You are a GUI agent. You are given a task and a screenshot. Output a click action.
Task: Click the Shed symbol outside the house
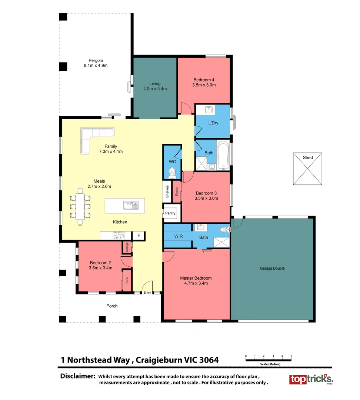pyautogui.click(x=307, y=169)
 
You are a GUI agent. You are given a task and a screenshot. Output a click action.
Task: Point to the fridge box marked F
pyautogui.click(x=139, y=236)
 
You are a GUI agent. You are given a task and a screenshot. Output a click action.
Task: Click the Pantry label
pyautogui.click(x=170, y=213)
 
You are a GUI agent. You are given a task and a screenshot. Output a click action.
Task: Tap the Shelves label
pyautogui.click(x=167, y=191)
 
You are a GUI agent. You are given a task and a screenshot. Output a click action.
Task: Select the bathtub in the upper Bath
pyautogui.click(x=224, y=155)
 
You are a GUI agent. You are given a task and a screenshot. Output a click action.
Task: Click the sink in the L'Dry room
pyautogui.click(x=209, y=110)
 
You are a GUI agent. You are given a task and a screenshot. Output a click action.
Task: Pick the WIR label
pyautogui.click(x=179, y=236)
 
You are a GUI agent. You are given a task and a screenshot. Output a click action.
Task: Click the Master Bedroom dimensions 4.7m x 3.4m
pyautogui.click(x=196, y=283)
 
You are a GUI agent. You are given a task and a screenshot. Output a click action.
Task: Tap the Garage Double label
pyautogui.click(x=272, y=269)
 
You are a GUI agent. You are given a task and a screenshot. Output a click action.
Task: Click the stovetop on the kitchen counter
pyautogui.click(x=119, y=235)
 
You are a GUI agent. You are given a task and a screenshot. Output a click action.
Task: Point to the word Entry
pyautogui.click(x=147, y=293)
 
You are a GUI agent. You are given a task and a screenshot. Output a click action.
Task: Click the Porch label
pyautogui.click(x=112, y=306)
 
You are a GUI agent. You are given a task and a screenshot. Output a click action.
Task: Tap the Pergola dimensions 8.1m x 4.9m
pyautogui.click(x=96, y=66)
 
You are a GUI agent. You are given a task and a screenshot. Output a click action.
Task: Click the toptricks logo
pyautogui.click(x=311, y=379)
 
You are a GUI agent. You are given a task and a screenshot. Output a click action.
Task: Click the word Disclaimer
pyautogui.click(x=78, y=376)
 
